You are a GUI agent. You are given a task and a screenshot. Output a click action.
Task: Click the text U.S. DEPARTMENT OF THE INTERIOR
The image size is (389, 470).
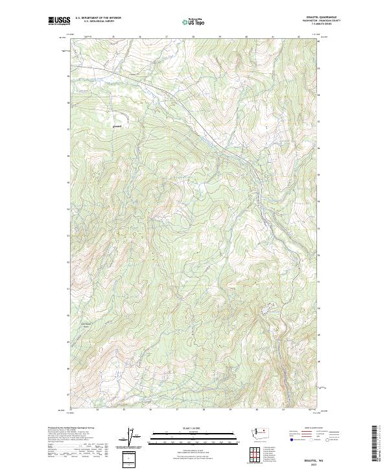(x=98, y=18)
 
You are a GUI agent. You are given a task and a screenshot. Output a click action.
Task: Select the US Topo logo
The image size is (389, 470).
(x=194, y=21)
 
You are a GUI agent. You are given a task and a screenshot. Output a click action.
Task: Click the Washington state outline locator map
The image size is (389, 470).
(x=263, y=432)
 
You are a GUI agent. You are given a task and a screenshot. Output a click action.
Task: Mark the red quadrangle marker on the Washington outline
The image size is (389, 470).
(x=266, y=430)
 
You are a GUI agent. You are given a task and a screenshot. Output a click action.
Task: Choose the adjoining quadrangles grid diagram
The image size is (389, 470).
(x=255, y=455)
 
